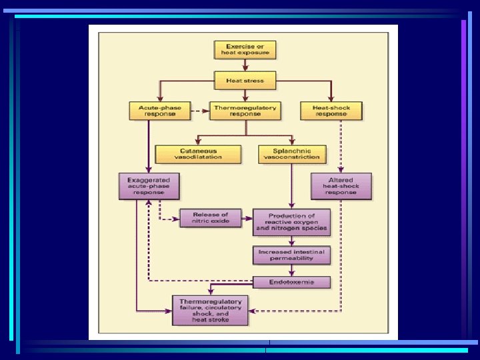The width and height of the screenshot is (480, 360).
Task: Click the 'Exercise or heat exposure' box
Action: coord(245,49)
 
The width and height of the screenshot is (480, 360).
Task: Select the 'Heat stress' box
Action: coord(245,81)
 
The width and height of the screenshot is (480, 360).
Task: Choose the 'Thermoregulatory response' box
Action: coord(244,111)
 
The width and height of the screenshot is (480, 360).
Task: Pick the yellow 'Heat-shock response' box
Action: coord(331,111)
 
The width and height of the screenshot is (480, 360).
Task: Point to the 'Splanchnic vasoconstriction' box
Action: coord(293,154)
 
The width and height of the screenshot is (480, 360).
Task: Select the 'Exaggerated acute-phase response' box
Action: coord(150,186)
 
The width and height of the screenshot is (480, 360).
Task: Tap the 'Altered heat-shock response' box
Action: coord(340,186)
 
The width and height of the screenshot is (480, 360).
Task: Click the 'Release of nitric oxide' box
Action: coord(210,218)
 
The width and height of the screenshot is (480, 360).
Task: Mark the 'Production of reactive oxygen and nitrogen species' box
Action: coord(292,222)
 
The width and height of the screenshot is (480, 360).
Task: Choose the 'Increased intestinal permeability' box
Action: coord(292,255)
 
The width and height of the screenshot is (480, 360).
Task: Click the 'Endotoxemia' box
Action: coord(292,282)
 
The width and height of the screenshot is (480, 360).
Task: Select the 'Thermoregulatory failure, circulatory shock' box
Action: coord(210,311)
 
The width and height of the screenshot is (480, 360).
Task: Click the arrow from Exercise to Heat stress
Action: coord(245,65)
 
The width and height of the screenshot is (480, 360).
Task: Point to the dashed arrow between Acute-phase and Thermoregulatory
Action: coord(199,111)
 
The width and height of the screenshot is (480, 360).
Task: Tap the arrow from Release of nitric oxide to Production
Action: coord(246,218)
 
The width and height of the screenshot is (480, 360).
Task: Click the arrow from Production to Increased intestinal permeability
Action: coord(292,241)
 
